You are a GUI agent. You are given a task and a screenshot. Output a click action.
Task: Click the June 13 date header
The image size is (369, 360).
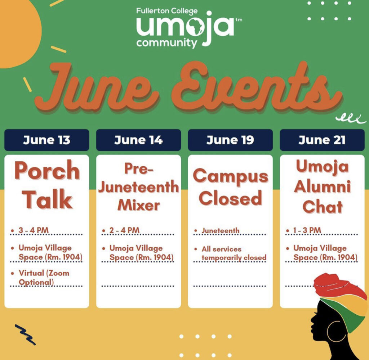point(46,140)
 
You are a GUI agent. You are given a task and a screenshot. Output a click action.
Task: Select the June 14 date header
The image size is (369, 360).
point(138,140)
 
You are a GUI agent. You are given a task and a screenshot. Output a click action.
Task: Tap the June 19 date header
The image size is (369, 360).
point(230,140)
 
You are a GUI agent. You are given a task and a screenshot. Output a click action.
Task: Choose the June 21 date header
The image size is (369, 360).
point(322,140)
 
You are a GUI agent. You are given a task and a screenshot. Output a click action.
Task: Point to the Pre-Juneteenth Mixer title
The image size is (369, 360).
point(139,187)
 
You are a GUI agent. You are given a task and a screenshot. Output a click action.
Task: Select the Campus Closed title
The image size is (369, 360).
point(231,187)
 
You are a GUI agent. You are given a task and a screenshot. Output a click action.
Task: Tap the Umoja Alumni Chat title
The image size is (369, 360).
point(322,186)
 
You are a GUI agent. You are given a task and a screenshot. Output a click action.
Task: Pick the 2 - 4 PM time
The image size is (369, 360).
point(124,230)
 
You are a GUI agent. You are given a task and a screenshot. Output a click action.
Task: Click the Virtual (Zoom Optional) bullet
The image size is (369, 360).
point(44,278)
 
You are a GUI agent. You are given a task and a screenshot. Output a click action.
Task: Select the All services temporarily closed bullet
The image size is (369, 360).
point(234,253)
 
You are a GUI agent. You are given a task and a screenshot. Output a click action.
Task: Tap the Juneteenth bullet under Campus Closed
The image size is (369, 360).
point(220,230)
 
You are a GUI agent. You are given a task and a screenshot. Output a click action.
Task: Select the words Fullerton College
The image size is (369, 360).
point(167,11)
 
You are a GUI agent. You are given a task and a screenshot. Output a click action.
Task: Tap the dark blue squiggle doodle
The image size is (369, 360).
point(25,334)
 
